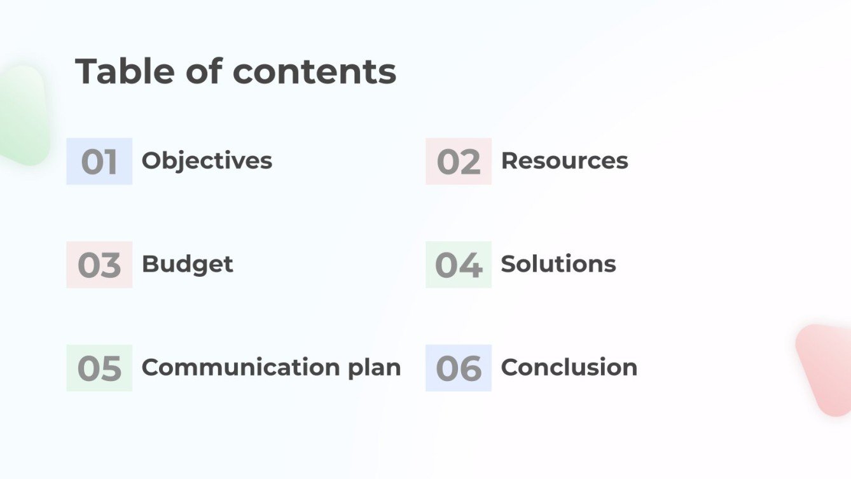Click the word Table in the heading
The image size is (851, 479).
(125, 71)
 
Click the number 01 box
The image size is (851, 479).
(99, 162)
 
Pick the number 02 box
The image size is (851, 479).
(459, 162)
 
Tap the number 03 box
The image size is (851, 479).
(99, 265)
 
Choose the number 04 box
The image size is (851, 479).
(459, 265)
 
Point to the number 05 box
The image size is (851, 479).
(99, 368)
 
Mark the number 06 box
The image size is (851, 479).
(459, 368)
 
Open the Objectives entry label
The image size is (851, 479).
(207, 161)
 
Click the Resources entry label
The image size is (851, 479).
(564, 161)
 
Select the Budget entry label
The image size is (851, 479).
(187, 264)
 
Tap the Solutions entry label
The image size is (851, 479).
(558, 264)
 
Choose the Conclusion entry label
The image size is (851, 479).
(569, 368)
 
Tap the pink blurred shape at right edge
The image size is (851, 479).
(826, 369)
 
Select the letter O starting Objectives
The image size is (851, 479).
(150, 161)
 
